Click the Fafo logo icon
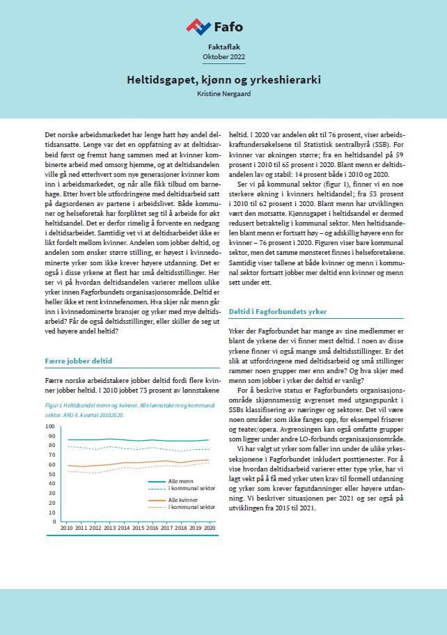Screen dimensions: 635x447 198,27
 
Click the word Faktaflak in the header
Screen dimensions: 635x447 223,45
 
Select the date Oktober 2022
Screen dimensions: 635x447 223,56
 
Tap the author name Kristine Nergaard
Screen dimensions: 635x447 223,93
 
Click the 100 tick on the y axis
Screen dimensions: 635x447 49,425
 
